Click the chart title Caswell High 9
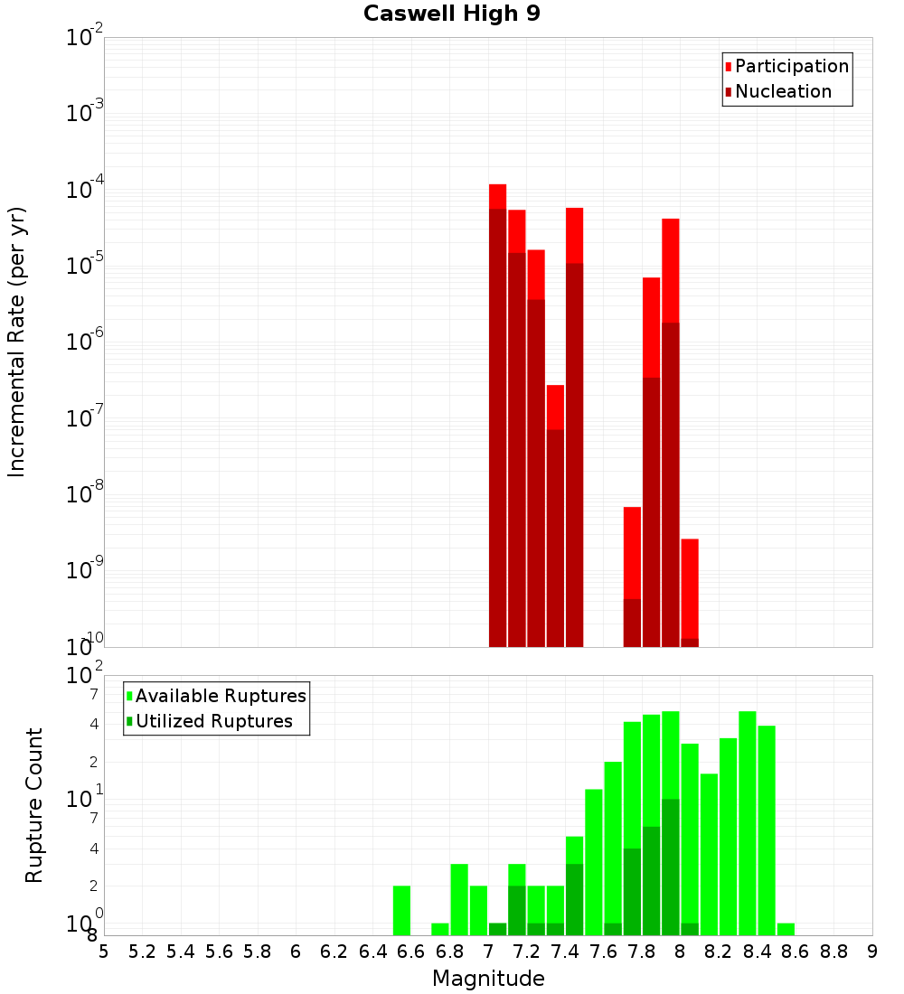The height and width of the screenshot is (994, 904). [x=452, y=14]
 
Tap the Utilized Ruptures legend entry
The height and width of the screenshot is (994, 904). [x=213, y=722]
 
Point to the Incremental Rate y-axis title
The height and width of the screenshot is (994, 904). [x=17, y=342]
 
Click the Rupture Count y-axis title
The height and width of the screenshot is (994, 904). [x=34, y=805]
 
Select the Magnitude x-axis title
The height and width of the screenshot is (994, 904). [x=488, y=979]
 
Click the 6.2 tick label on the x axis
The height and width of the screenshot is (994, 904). [x=334, y=952]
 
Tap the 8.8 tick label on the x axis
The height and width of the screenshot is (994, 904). [x=834, y=952]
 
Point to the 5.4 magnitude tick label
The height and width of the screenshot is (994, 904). [x=181, y=952]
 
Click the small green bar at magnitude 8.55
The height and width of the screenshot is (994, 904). [x=786, y=929]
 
